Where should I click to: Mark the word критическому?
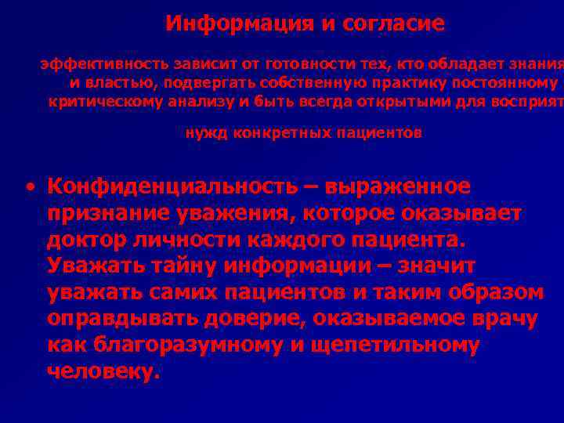[x=102, y=101]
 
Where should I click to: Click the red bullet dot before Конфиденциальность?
[x=29, y=188]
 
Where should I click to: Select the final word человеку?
[x=103, y=372]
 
